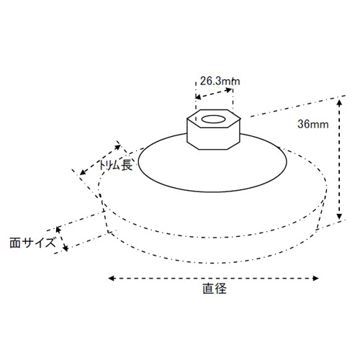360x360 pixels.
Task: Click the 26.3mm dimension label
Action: pos(220,81)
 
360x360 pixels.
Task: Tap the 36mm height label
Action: pos(313,125)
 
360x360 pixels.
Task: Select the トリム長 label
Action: pos(115,166)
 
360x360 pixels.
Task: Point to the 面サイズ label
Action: pos(32,243)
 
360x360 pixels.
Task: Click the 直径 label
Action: pos(215,288)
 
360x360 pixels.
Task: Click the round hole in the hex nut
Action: pos(214,119)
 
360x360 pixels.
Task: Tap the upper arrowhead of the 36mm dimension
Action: pos(339,102)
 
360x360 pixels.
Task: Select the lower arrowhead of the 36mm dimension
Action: pos(339,217)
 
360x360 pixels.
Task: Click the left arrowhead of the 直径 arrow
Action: pos(112,279)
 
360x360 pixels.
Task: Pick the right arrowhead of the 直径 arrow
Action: pos(315,279)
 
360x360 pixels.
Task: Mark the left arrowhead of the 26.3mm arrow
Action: pos(198,97)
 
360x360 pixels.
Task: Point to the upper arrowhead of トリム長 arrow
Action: pos(117,147)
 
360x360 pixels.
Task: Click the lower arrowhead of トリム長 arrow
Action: pos(83,172)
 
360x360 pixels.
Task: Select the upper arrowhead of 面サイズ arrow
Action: pos(58,230)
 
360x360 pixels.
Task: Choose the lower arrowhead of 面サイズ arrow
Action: pos(66,248)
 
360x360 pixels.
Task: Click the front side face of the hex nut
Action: pos(213,138)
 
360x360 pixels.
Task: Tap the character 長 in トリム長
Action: pos(127,166)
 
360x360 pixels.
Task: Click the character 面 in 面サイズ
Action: pos(15,243)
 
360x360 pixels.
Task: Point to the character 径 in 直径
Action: pos(220,288)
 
